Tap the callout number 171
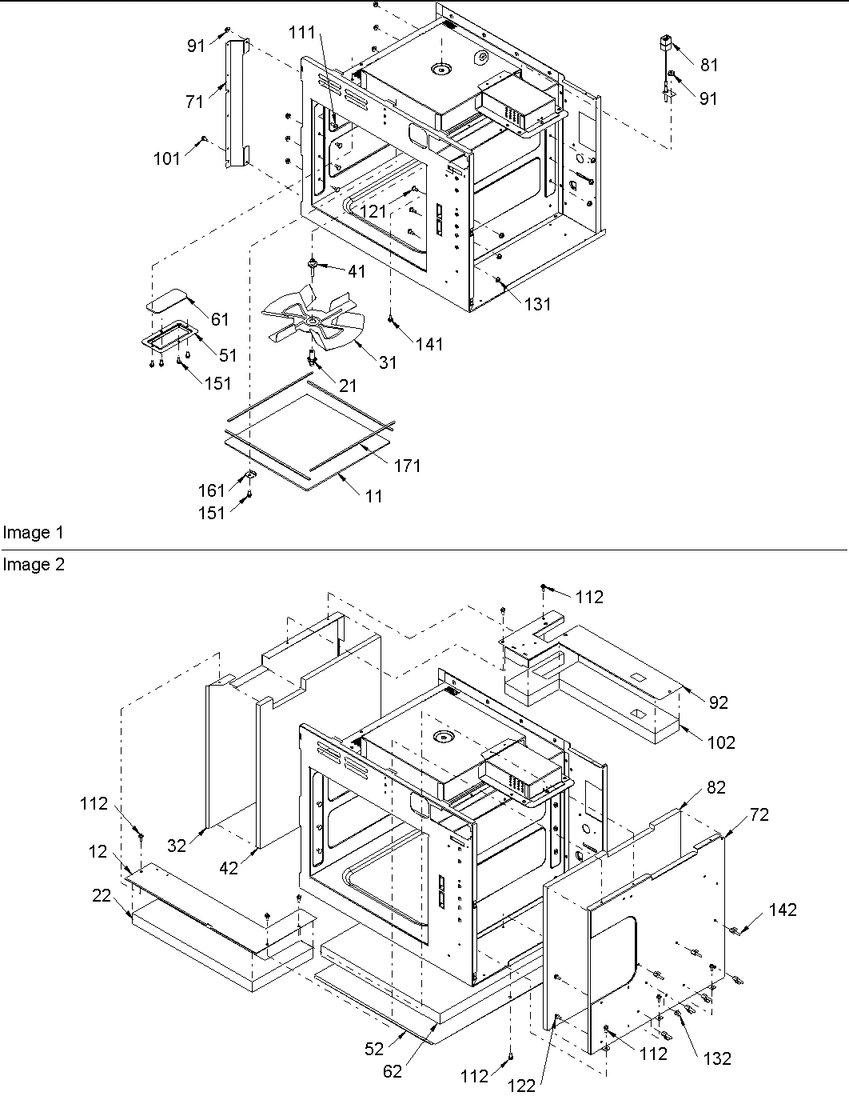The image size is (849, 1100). pos(408,466)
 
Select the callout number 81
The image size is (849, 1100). pos(709,66)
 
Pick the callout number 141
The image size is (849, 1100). pos(429,344)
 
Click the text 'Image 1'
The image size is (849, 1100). pos(33,533)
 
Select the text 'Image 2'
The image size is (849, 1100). pos(33,565)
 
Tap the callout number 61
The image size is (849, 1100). pos(219,319)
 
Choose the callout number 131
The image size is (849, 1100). pos(538,304)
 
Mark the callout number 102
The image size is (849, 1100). pos(721,742)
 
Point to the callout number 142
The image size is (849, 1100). pos(783,910)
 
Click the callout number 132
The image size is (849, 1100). pos(717,1058)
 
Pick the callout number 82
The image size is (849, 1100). pos(715,787)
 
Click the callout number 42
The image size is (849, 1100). pos(229,868)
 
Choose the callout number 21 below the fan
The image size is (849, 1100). pos(348,386)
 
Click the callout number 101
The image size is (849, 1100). pos(167,158)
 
